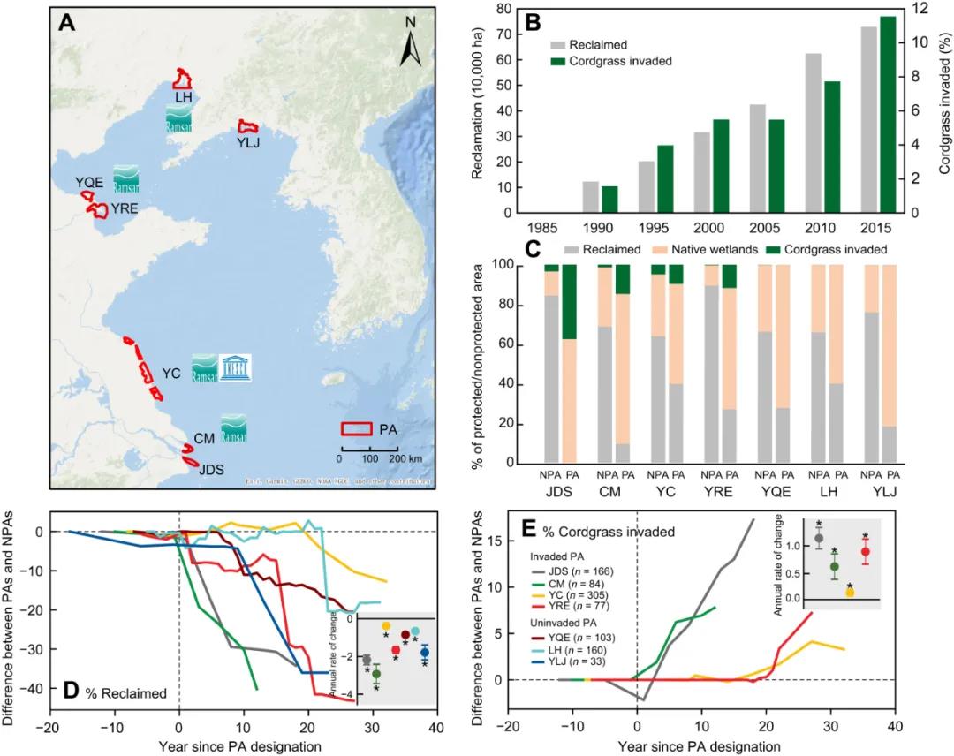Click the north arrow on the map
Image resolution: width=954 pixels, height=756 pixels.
click(x=410, y=44)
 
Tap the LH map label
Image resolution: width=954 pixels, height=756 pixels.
click(x=184, y=96)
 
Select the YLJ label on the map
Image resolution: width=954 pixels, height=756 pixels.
click(x=248, y=143)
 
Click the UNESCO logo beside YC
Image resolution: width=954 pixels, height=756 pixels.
click(x=236, y=368)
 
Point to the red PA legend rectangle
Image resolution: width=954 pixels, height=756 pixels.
click(x=357, y=428)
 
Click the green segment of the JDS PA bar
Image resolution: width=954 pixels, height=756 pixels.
click(x=569, y=301)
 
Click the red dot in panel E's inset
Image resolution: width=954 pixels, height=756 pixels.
click(x=865, y=552)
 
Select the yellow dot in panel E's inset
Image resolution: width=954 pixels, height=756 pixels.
click(x=850, y=593)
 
